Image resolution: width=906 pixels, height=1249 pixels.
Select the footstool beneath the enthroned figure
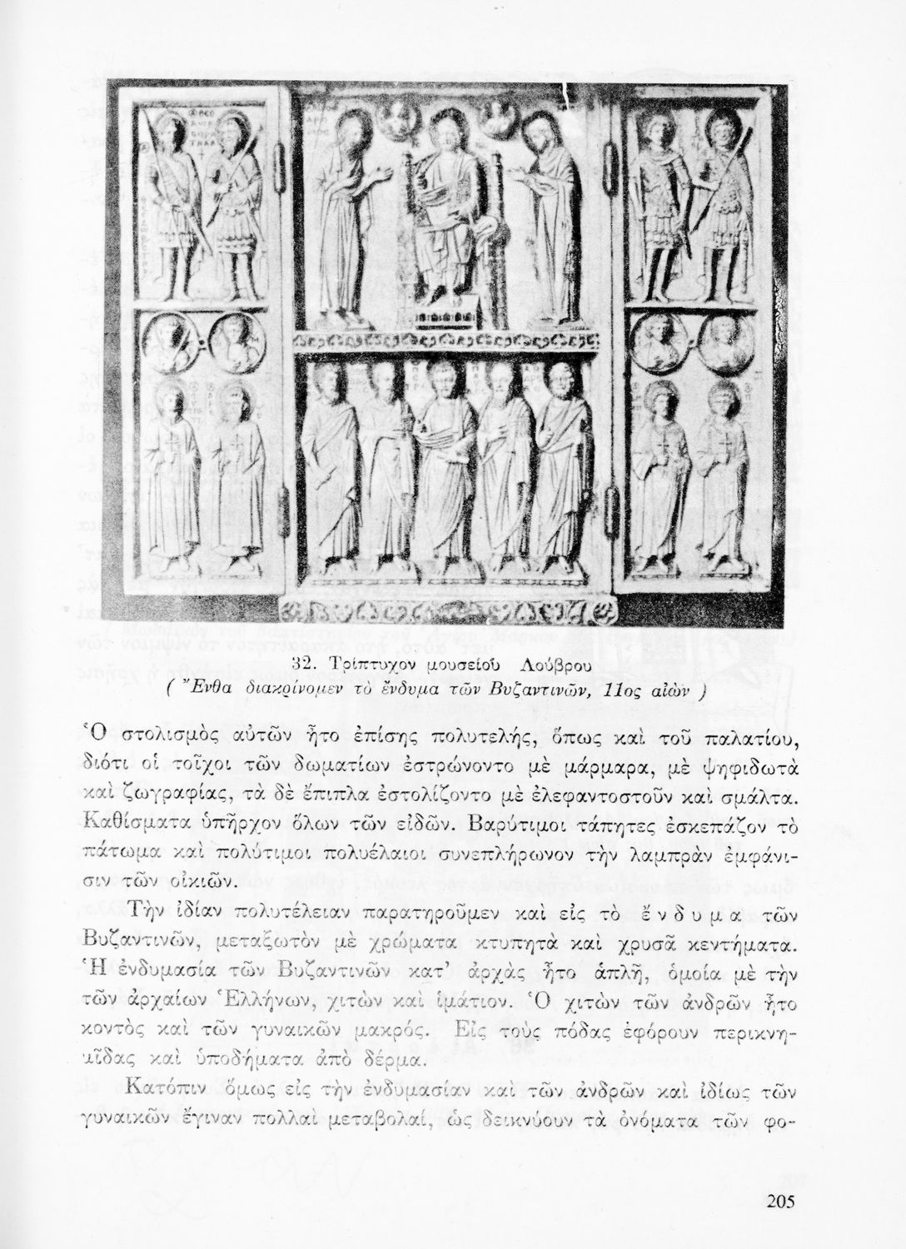point(447,318)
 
